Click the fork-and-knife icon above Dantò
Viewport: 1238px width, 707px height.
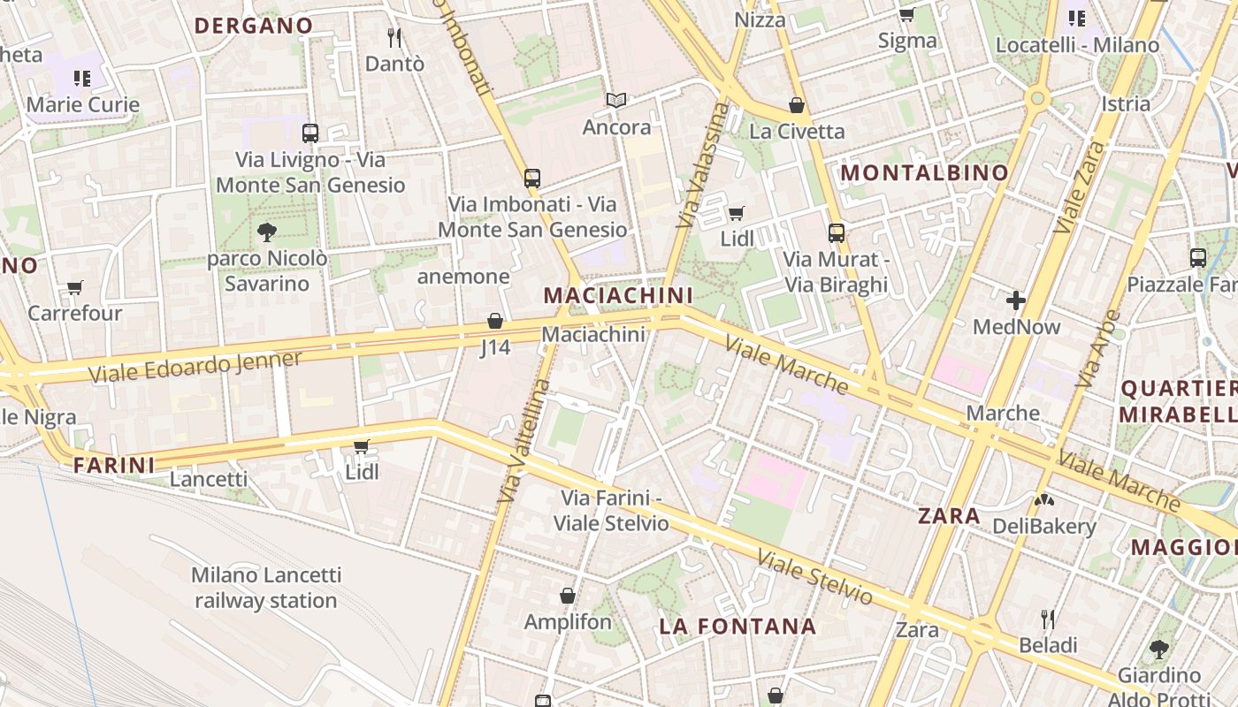(394, 37)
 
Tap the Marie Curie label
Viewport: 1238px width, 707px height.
(83, 104)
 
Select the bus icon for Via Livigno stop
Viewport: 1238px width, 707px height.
(310, 133)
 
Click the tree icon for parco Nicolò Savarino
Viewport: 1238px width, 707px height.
(266, 232)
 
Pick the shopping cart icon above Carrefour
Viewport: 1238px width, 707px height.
(75, 287)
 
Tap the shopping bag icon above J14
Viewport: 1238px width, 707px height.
(495, 321)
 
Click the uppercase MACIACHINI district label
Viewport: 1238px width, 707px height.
(618, 295)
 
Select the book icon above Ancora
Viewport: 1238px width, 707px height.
(616, 101)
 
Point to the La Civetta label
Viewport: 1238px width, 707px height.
(797, 132)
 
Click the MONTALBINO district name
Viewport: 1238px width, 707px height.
(924, 172)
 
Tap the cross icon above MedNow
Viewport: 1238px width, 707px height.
(1016, 300)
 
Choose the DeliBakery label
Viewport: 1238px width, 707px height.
(1043, 527)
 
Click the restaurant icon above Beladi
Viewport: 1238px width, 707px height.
(1048, 618)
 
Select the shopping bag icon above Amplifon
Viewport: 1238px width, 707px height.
(568, 596)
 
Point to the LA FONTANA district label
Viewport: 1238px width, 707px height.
(737, 627)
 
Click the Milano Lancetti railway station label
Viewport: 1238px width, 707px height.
(266, 588)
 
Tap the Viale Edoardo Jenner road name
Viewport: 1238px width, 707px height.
(195, 367)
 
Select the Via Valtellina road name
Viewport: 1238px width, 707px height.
(523, 442)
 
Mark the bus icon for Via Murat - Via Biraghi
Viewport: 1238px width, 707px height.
(837, 233)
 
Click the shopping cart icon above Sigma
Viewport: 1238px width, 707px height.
(906, 15)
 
